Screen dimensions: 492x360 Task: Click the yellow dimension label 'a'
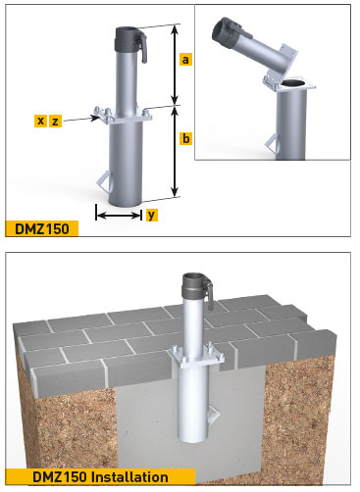(x=186, y=60)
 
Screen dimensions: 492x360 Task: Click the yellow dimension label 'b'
(x=186, y=139)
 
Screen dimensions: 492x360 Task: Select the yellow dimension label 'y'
(x=152, y=215)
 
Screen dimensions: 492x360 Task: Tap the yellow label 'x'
(x=40, y=121)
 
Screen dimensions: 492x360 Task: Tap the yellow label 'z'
(x=55, y=121)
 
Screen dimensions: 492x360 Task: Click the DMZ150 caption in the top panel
(x=41, y=230)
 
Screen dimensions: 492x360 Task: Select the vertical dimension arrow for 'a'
(x=175, y=65)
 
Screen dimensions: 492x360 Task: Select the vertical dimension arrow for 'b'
(x=175, y=152)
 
